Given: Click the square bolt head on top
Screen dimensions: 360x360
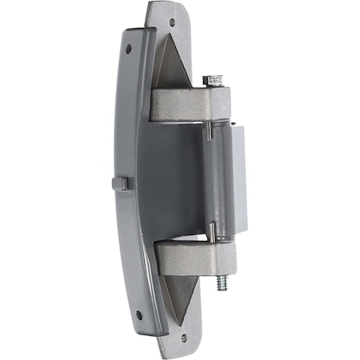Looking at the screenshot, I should tap(212, 79).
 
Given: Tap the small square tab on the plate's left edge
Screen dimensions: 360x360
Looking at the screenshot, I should tap(120, 183).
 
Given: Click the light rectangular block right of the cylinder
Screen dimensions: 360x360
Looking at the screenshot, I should tap(238, 180).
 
